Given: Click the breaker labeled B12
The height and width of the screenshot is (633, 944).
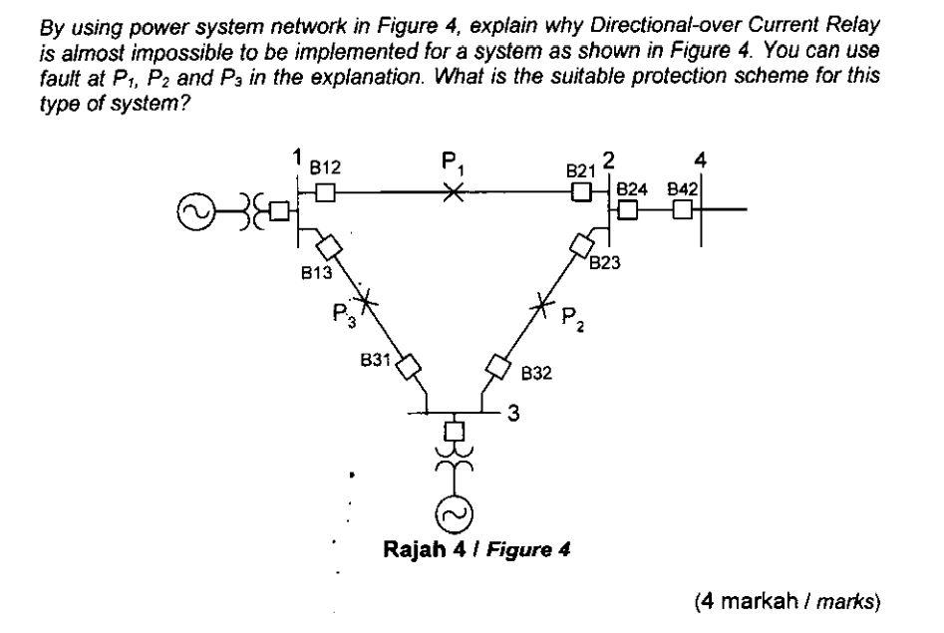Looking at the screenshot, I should click(324, 193).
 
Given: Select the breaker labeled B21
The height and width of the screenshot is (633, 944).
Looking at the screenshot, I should click(581, 193).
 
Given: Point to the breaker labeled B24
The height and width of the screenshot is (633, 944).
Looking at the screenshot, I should click(628, 210).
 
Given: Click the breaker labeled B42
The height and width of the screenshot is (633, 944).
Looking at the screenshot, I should click(682, 210).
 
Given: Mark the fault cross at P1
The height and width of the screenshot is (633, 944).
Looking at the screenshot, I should click(453, 193).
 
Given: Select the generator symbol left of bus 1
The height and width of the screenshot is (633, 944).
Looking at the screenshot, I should click(193, 210).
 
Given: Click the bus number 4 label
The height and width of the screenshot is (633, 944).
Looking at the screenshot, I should click(701, 159).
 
